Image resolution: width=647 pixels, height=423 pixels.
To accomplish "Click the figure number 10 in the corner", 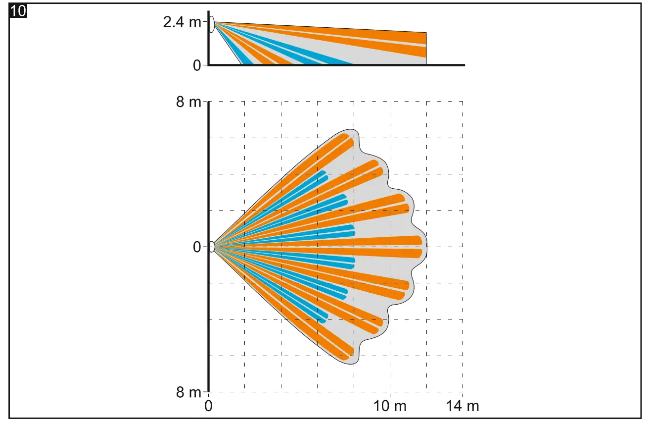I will (x=18, y=11).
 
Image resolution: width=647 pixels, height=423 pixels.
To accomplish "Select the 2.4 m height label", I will (x=183, y=23).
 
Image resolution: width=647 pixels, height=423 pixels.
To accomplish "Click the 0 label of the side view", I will (x=197, y=65).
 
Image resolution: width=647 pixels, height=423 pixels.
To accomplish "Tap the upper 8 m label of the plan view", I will (x=189, y=103).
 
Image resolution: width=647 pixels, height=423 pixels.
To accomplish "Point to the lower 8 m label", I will (x=189, y=392).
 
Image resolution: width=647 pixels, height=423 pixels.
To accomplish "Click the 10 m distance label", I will (x=390, y=407).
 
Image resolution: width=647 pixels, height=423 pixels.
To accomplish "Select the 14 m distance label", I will (x=462, y=407).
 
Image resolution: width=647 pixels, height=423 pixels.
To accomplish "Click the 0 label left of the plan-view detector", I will (x=197, y=247).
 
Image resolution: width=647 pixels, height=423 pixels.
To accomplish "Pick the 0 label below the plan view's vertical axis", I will (x=209, y=407).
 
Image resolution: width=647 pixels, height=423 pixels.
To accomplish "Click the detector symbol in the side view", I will (x=212, y=24).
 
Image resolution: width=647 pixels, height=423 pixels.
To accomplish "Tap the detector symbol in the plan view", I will (x=212, y=246).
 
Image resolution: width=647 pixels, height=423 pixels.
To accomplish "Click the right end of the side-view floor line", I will (x=464, y=65).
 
